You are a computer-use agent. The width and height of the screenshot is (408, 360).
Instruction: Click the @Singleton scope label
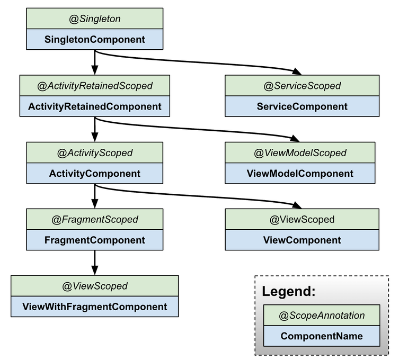click(95, 19)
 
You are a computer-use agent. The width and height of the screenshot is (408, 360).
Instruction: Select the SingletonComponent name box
click(95, 39)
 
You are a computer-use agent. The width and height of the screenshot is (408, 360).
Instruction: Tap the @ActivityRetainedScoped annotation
click(95, 86)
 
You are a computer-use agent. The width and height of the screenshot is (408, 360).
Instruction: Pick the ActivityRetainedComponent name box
click(95, 106)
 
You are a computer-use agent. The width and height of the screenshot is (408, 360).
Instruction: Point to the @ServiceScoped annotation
click(302, 86)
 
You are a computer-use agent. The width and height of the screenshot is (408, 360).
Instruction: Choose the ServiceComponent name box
click(302, 106)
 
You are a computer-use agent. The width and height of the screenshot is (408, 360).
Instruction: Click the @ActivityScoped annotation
click(95, 152)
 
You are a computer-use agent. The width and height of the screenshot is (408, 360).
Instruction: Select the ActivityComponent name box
click(95, 173)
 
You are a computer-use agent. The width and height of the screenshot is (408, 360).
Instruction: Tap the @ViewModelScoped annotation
click(300, 152)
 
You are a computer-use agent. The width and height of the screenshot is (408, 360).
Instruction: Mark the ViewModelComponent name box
click(300, 173)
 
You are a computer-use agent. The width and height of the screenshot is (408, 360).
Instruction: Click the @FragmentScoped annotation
click(95, 219)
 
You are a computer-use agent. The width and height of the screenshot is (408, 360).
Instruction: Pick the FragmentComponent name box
click(95, 240)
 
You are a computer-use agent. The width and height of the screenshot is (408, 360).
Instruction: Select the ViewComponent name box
click(302, 240)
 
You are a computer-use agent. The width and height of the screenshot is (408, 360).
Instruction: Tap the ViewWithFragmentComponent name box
click(95, 307)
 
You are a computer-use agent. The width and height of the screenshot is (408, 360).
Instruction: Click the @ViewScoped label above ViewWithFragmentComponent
click(95, 286)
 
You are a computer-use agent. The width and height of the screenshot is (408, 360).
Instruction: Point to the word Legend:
click(289, 291)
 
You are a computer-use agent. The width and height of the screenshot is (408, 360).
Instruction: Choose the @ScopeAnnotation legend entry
click(322, 316)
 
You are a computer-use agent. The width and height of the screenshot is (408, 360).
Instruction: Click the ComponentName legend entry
click(322, 336)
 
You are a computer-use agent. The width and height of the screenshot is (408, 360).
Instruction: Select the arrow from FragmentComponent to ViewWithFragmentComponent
click(95, 263)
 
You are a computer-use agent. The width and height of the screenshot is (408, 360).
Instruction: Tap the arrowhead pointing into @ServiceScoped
click(297, 71)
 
